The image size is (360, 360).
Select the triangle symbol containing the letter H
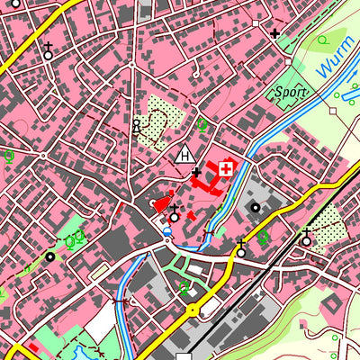click(186, 154)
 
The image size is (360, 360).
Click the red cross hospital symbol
click(225, 168)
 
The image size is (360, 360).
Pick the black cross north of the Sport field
click(274, 33)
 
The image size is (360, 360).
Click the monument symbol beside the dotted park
click(137, 127)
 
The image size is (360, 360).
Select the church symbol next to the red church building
click(174, 215)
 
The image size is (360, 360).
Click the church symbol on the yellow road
click(240, 250)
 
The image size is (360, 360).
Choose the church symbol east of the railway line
click(306, 238)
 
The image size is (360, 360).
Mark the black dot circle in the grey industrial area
click(256, 208)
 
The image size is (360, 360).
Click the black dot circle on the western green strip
click(50, 256)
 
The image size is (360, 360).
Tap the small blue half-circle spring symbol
click(166, 231)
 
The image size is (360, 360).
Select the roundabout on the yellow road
click(192, 310)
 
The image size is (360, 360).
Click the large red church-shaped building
click(162, 204)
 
